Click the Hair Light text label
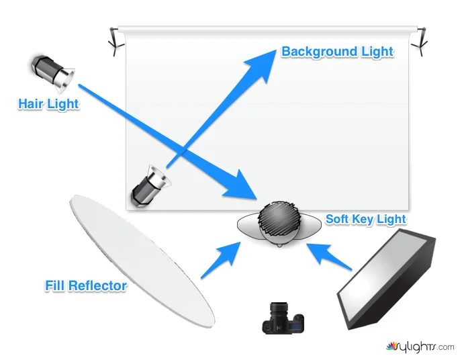point(48,104)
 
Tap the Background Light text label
point(337,52)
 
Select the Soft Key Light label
point(365,220)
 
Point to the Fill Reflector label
point(85,285)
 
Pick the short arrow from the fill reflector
point(222,259)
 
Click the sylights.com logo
point(420,347)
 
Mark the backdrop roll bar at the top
point(269,29)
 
